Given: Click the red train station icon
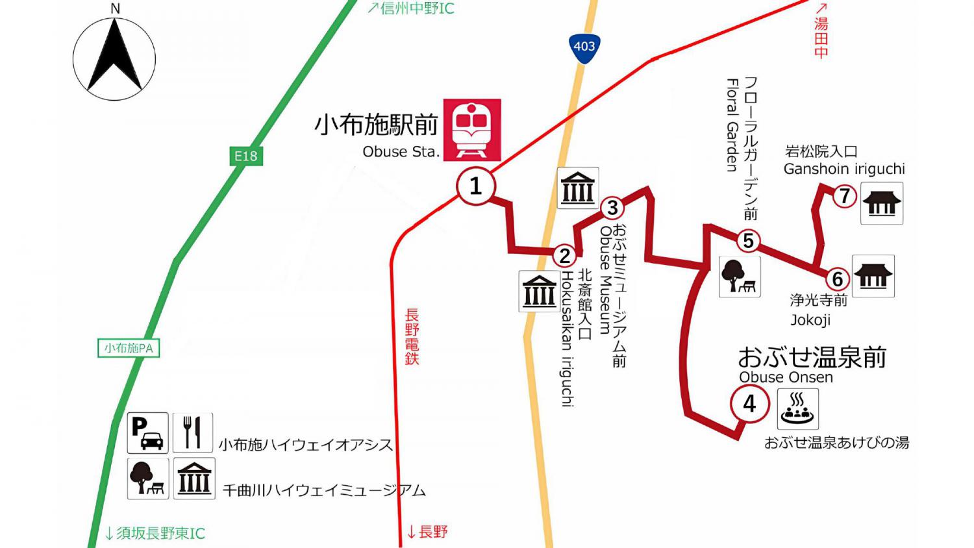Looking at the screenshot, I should (x=472, y=130).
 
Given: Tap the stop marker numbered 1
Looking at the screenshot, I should (x=475, y=186).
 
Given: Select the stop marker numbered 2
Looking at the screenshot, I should (x=565, y=256).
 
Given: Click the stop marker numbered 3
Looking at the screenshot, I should (x=612, y=208).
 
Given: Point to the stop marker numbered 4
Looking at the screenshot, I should (x=749, y=404).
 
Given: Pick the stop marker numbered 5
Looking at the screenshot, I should (x=748, y=241).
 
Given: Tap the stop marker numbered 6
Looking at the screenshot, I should (x=837, y=279).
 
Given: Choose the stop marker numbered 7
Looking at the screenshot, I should (x=844, y=195).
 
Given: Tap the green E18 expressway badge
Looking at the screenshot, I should (x=246, y=156).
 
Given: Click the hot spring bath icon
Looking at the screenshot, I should (x=797, y=408).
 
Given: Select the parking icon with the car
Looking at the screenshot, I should (x=147, y=432).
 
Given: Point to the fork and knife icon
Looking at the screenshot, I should (x=193, y=432).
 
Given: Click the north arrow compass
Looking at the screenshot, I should (x=114, y=58).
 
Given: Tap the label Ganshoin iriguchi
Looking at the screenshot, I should (x=844, y=169).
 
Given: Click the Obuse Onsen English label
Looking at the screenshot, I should (x=786, y=377).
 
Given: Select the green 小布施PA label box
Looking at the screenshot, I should (x=129, y=348).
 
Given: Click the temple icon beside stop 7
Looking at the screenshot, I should (x=881, y=203).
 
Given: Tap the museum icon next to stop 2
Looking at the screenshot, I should (x=539, y=290).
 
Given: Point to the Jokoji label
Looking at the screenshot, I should (x=810, y=320).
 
